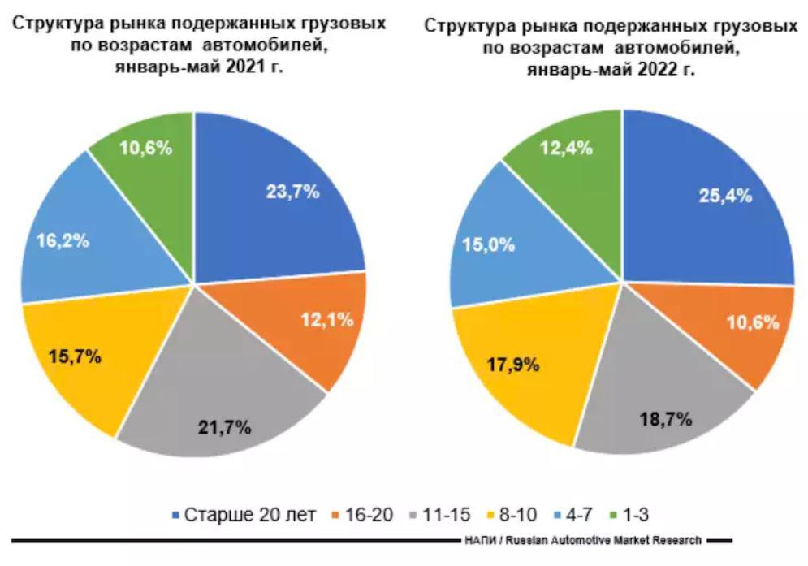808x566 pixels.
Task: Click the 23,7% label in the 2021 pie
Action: tap(293, 192)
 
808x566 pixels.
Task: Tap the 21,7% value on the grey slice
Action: tap(226, 425)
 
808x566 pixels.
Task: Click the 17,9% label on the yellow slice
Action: tap(513, 364)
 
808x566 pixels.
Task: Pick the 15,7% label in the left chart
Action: tap(75, 356)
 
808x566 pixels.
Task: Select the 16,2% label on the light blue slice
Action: tap(63, 241)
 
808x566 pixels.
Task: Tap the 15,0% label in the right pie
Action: tap(488, 245)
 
